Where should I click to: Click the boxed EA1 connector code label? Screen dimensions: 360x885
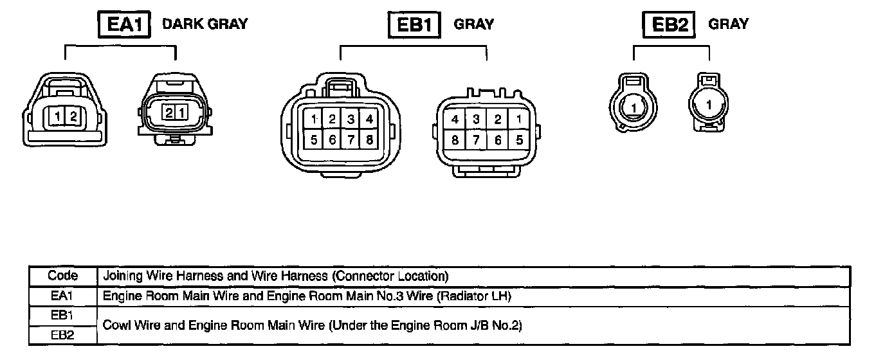pos(123,25)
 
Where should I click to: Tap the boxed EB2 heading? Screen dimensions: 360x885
pos(670,26)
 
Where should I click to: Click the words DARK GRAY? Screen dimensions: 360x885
pos(205,24)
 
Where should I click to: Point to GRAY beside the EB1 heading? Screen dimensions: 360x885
pos(474,24)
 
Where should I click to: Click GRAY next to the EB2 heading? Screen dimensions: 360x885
pos(729,24)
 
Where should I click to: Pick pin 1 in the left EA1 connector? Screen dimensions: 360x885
pos(58,117)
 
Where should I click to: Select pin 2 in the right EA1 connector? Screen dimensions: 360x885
pos(169,113)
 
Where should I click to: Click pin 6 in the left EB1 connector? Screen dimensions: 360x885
pos(332,139)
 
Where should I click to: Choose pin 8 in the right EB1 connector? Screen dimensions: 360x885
pos(455,140)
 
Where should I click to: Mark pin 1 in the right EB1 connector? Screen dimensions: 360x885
pos(518,120)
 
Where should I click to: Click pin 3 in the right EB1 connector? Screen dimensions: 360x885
pos(476,120)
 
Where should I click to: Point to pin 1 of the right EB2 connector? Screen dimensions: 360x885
pos(709,104)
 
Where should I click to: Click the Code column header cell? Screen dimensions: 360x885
pos(63,276)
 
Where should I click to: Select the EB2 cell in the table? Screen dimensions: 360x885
pos(63,336)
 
